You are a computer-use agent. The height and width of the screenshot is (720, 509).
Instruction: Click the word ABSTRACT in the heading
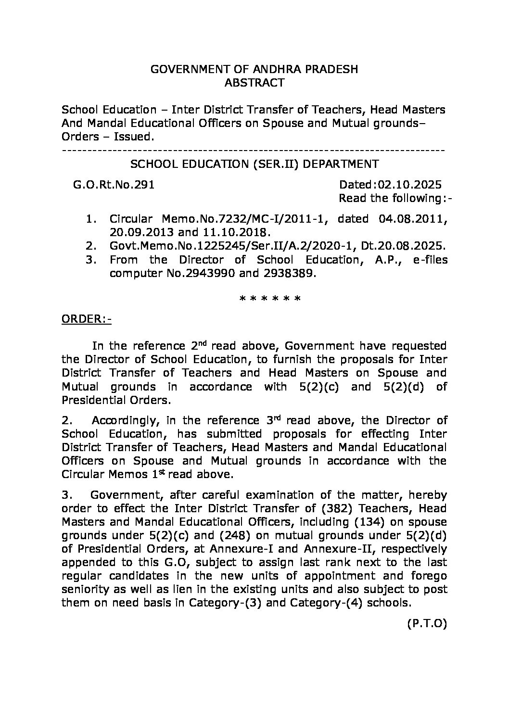click(254, 83)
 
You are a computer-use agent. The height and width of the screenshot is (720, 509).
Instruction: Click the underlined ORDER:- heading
click(86, 320)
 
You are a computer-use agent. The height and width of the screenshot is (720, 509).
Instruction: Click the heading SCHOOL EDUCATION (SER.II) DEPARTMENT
click(254, 164)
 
